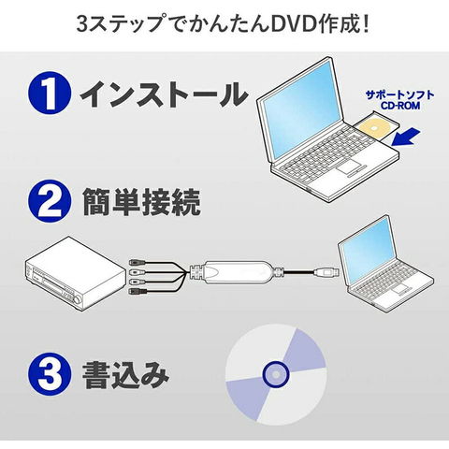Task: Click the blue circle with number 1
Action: click(x=50, y=93)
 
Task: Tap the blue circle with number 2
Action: click(x=50, y=201)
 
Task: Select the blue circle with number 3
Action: click(x=50, y=374)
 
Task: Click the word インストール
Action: click(x=165, y=94)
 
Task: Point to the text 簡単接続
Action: click(x=141, y=202)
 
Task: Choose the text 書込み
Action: click(x=125, y=374)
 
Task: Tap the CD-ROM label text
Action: click(x=400, y=106)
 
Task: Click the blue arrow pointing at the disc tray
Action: click(x=405, y=137)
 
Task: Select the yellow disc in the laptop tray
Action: click(x=374, y=128)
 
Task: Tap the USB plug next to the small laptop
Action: click(x=326, y=271)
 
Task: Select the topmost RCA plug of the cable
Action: click(x=137, y=262)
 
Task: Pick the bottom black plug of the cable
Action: click(x=138, y=292)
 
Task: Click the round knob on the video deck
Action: click(x=77, y=300)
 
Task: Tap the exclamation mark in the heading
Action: click(x=366, y=25)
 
